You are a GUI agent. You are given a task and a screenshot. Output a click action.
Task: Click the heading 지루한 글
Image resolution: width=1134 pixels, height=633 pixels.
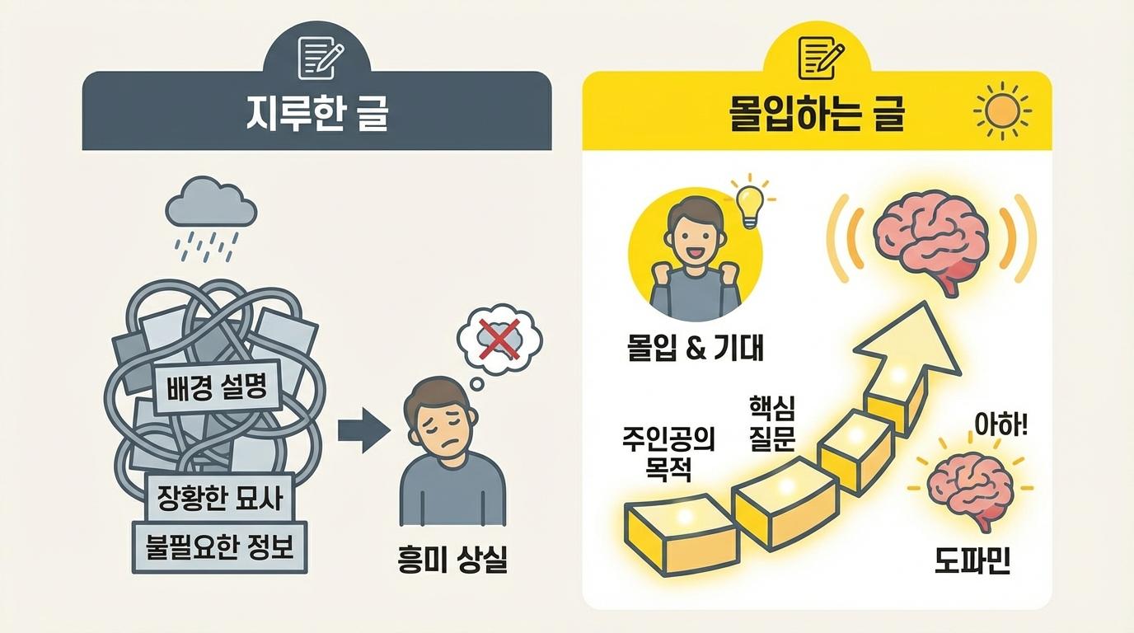tap(316, 115)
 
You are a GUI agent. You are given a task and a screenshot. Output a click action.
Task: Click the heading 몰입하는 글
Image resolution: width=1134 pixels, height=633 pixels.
tap(817, 115)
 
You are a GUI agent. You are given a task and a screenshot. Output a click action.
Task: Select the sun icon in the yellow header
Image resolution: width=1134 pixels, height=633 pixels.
tap(1001, 111)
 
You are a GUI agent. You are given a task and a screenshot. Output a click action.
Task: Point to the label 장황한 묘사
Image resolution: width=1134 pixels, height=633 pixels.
tap(220, 497)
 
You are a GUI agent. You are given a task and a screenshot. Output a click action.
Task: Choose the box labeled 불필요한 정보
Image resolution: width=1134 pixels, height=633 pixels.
tap(220, 546)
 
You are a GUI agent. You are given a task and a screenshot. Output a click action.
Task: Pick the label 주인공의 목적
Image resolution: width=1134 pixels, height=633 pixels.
tap(668, 452)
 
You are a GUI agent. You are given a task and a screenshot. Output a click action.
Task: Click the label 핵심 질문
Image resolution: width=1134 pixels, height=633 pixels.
tap(771, 422)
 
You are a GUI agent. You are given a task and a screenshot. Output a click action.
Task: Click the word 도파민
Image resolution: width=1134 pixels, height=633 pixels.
tap(973, 560)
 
